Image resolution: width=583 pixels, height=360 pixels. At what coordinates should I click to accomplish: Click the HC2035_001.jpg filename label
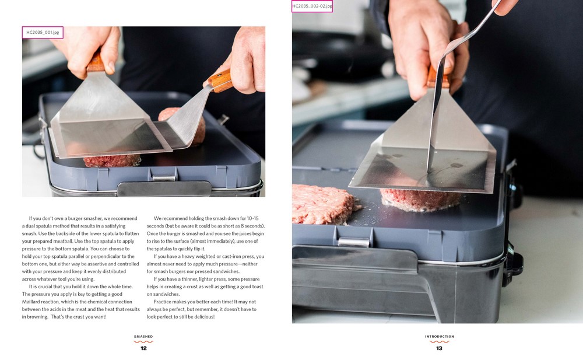pyautogui.click(x=43, y=33)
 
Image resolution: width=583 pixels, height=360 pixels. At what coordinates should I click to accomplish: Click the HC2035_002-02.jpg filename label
pyautogui.click(x=312, y=6)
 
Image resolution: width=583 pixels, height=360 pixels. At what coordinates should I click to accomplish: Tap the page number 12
pyautogui.click(x=143, y=348)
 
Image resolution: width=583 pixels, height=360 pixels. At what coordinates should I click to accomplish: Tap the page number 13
pyautogui.click(x=439, y=348)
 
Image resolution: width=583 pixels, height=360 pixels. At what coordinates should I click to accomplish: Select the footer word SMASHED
pyautogui.click(x=143, y=337)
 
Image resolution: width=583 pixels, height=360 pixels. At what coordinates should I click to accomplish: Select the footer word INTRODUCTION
pyautogui.click(x=440, y=337)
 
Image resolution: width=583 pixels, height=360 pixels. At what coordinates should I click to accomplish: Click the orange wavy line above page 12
pyautogui.click(x=143, y=341)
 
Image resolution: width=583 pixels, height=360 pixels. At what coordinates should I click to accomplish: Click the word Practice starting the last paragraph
pyautogui.click(x=163, y=302)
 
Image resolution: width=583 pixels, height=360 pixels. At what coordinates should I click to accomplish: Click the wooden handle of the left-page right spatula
pyautogui.click(x=220, y=81)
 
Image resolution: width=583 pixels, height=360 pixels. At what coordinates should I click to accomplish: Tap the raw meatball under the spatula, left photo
pyautogui.click(x=112, y=161)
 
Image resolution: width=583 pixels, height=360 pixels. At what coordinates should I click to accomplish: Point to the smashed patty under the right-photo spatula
pyautogui.click(x=420, y=200)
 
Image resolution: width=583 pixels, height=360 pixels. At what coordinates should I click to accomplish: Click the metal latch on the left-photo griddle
pyautogui.click(x=164, y=178)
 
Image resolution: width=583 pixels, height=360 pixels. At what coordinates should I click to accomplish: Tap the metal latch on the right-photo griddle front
pyautogui.click(x=353, y=242)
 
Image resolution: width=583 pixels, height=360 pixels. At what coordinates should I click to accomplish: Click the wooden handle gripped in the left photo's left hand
pyautogui.click(x=96, y=62)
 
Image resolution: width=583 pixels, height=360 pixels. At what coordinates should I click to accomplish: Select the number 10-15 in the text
pyautogui.click(x=252, y=219)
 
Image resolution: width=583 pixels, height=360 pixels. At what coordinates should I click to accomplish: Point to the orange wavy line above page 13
pyautogui.click(x=440, y=341)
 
